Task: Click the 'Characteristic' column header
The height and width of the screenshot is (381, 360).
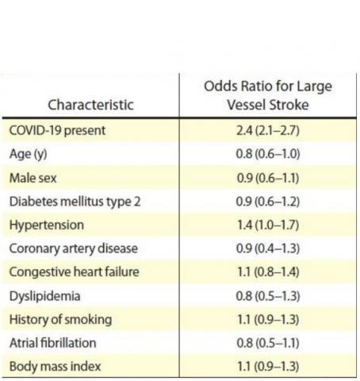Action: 90,104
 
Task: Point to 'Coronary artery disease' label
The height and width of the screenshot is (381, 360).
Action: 73,248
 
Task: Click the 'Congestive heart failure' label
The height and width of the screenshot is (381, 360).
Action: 74,272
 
